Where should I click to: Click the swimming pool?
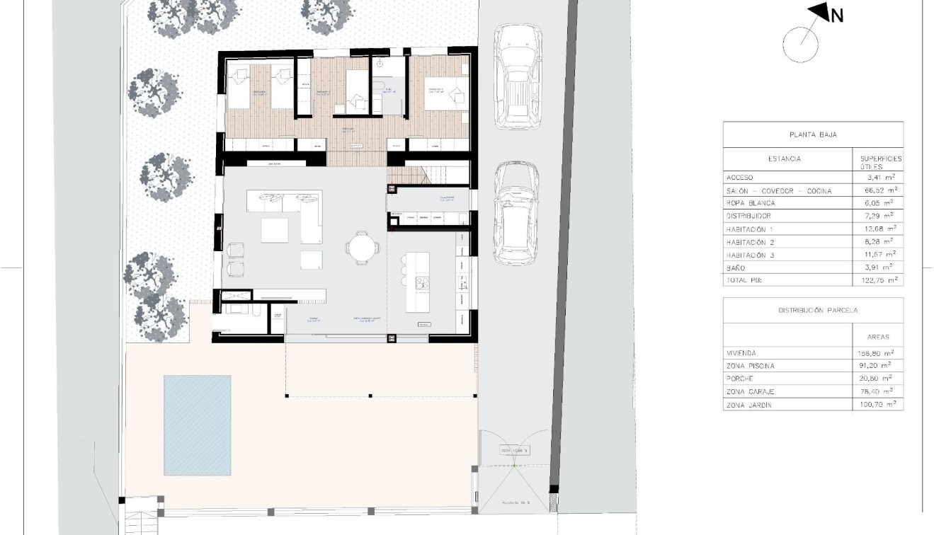point(198,425)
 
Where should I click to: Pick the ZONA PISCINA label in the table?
point(751,366)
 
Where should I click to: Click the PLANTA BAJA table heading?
point(813,134)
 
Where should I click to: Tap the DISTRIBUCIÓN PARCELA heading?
point(813,310)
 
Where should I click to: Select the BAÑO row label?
point(736,268)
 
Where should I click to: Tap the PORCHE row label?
point(740,379)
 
